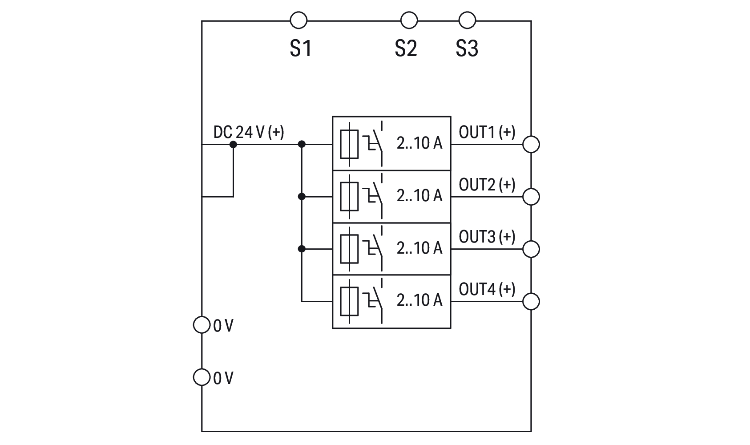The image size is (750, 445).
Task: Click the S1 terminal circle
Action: click(298, 20)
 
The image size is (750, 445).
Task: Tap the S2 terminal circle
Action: click(409, 20)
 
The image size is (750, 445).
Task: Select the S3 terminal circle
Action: click(467, 20)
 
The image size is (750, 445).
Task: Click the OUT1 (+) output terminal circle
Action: click(531, 144)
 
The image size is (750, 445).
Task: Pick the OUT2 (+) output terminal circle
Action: click(531, 196)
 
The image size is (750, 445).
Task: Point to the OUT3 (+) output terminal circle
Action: click(531, 249)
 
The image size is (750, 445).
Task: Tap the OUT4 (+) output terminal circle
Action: click(531, 301)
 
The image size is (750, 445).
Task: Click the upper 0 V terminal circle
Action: click(202, 325)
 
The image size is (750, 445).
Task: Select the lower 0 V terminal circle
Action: click(202, 377)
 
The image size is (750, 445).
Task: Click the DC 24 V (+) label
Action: click(249, 132)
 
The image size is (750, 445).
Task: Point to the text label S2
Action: click(406, 48)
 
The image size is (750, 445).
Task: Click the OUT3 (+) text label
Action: click(487, 237)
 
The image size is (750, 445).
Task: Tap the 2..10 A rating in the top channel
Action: click(419, 143)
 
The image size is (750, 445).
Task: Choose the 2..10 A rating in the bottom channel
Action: click(419, 300)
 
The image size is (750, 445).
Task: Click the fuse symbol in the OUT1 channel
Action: click(349, 144)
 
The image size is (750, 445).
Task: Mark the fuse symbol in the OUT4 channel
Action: click(349, 301)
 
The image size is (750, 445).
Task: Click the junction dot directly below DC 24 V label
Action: click(233, 144)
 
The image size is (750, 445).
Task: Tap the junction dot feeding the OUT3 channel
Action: click(302, 249)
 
